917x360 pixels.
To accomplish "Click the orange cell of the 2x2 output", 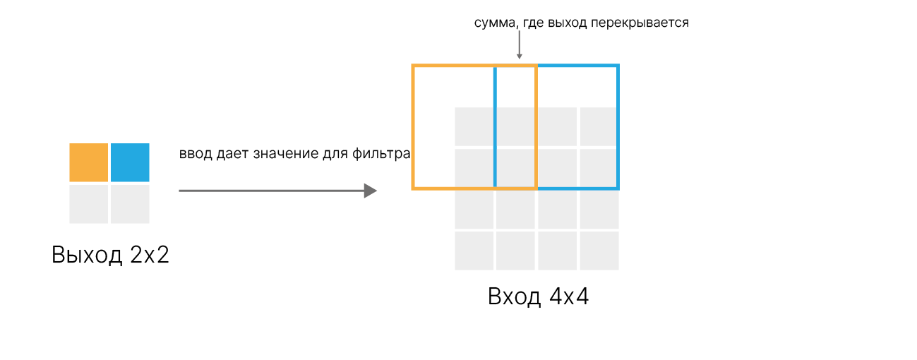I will coord(88,162).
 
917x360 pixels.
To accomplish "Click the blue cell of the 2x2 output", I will coord(131,162).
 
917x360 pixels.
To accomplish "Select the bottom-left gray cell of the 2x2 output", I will coord(88,204).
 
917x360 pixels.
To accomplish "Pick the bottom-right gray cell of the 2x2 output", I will coord(131,204).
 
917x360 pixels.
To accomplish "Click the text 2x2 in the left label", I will coord(150,255).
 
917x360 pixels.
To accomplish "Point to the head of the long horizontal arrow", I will coord(370,191).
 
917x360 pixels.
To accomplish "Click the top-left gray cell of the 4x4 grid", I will coord(473,126).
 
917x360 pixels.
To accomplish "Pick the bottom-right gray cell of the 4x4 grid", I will coord(599,251).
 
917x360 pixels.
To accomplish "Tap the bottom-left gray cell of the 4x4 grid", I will coord(473,251).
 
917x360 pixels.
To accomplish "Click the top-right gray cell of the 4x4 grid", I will coord(599,126).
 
